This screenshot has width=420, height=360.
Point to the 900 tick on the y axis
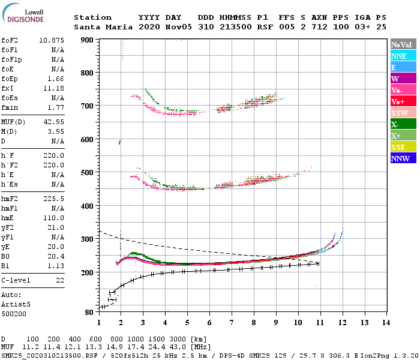click(x=88, y=40)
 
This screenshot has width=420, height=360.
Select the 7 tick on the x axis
click(x=231, y=323)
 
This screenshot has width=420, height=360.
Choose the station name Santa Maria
click(x=100, y=28)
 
